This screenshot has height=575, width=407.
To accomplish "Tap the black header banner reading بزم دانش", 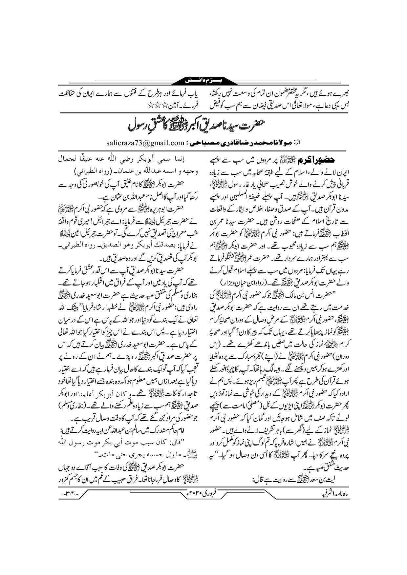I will click(x=203, y=80).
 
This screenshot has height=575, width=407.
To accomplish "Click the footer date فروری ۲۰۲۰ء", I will click(x=206, y=501).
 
